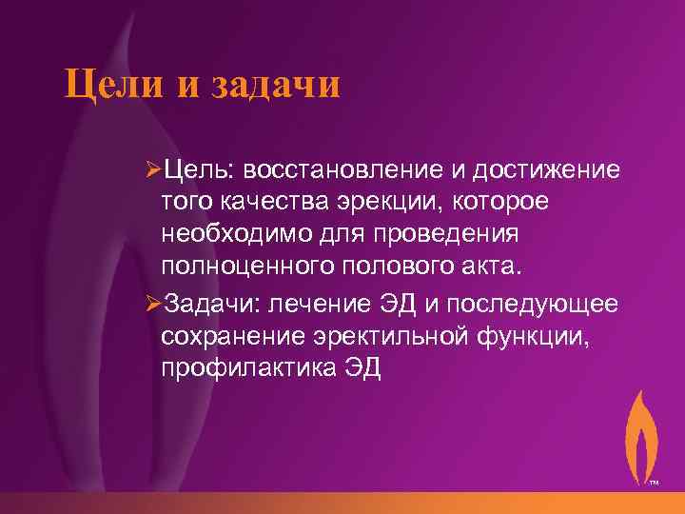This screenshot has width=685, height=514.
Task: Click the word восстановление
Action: point(332,170)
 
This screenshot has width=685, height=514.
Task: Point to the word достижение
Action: point(539,170)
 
